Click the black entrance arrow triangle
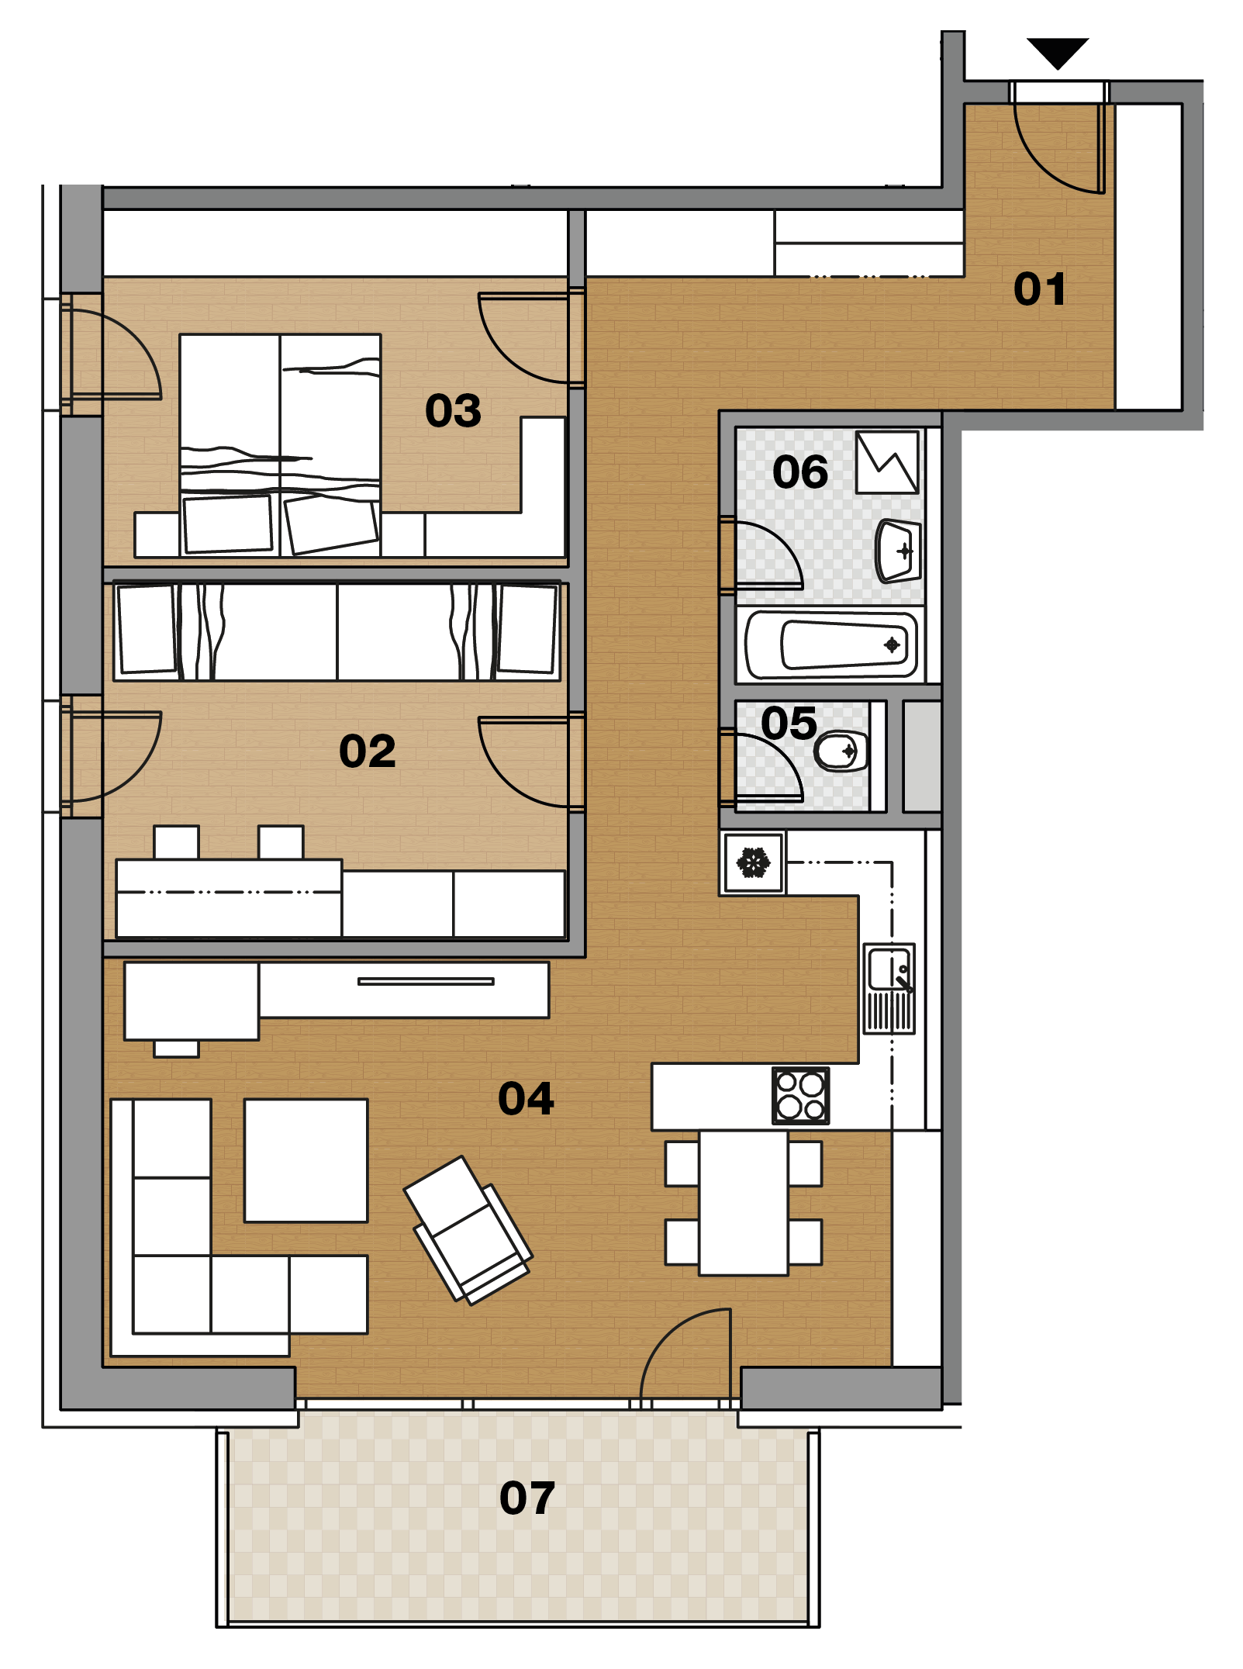1058,51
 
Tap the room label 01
1040,289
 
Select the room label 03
453,410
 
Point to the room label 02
368,751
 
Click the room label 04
527,1098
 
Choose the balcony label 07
527,1497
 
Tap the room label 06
800,472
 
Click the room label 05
789,723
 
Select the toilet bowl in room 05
841,751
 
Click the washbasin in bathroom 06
898,551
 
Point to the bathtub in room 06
830,644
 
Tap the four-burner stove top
801,1096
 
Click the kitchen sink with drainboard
889,989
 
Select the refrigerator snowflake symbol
753,862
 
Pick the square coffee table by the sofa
306,1160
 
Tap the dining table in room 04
744,1203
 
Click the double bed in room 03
280,445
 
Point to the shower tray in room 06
887,462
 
